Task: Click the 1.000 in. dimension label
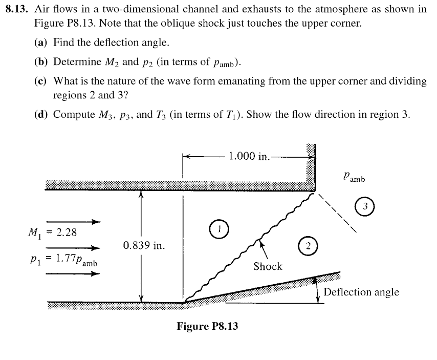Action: click(x=249, y=156)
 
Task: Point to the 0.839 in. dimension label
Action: click(x=144, y=246)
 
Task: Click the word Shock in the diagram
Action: click(x=268, y=266)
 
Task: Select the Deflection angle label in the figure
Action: click(x=361, y=292)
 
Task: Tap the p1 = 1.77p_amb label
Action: click(x=62, y=259)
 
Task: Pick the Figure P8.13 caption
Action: click(x=207, y=326)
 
